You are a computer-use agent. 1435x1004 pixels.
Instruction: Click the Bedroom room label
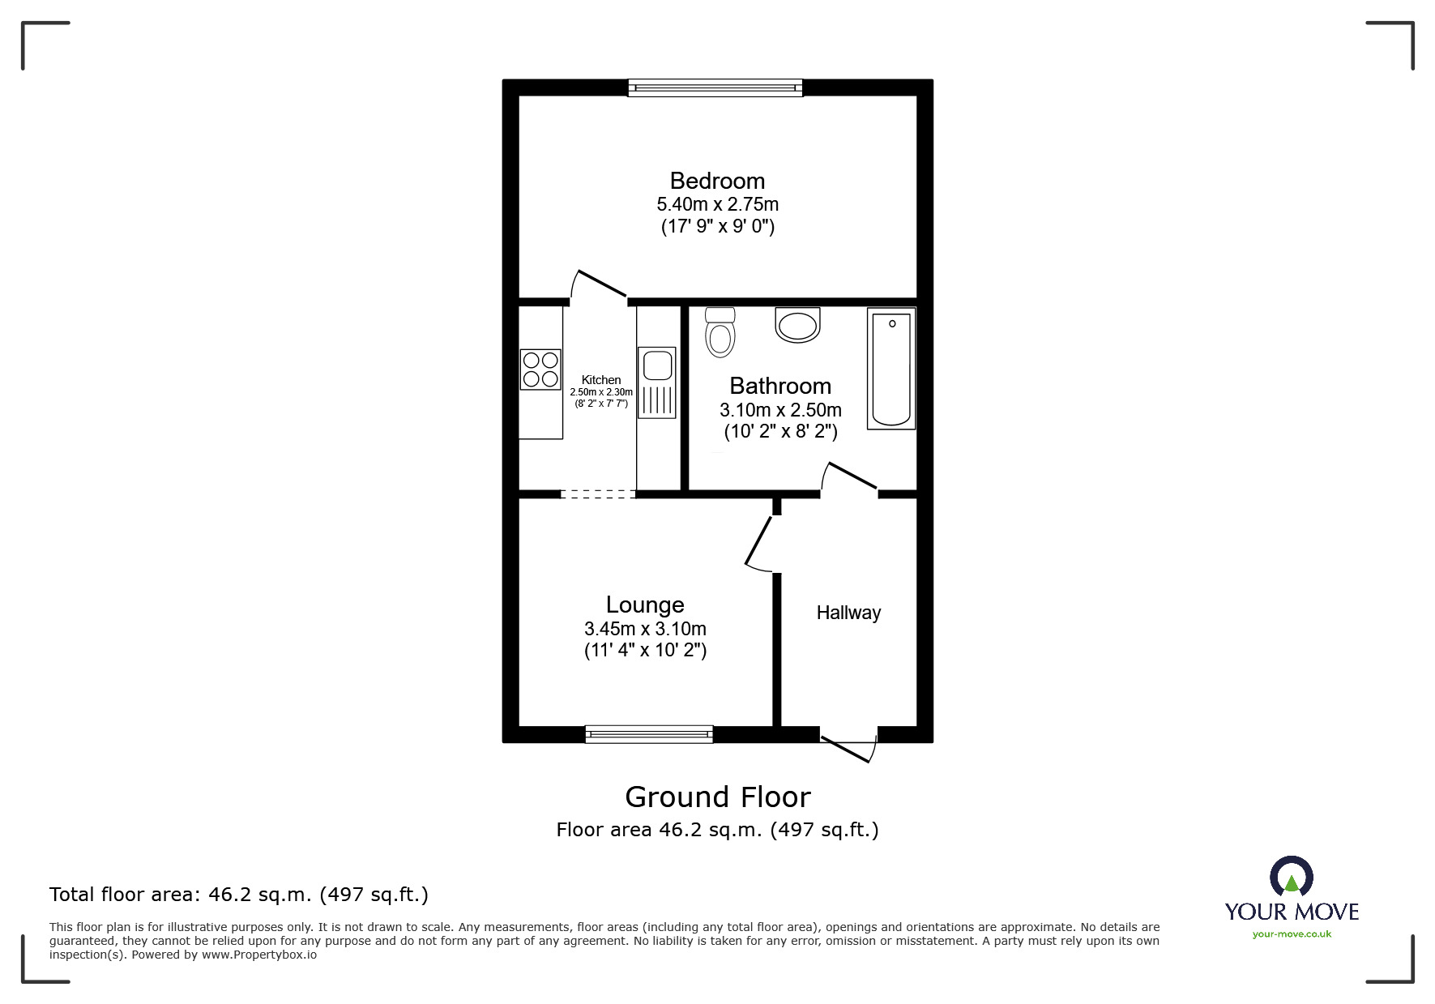(x=717, y=181)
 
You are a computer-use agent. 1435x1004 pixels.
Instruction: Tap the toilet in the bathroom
(x=720, y=332)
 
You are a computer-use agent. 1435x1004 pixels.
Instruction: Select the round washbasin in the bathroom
(x=797, y=326)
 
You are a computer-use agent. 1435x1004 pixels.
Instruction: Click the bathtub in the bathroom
(x=890, y=369)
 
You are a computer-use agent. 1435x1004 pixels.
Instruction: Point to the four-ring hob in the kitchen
(x=540, y=369)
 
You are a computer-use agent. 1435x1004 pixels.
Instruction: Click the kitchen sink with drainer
(x=656, y=382)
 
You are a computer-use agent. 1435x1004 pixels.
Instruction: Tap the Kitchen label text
(x=601, y=379)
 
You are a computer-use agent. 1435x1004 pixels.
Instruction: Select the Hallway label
(x=848, y=613)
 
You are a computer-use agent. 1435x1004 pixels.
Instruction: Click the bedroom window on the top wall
(x=715, y=88)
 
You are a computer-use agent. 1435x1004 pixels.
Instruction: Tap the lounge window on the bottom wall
(x=649, y=734)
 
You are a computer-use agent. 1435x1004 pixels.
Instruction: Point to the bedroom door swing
(x=599, y=285)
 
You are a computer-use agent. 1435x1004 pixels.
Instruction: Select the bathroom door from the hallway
(x=850, y=477)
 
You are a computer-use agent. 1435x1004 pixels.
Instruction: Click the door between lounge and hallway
(x=760, y=541)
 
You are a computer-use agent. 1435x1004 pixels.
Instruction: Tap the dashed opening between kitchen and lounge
(x=598, y=493)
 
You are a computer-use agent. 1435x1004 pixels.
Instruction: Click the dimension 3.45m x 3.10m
(x=645, y=629)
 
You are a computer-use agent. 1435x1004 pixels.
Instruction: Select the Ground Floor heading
(x=717, y=797)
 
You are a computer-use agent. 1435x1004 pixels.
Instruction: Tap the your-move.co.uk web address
(x=1292, y=934)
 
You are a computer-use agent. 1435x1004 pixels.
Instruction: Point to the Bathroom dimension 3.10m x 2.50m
(x=780, y=410)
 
